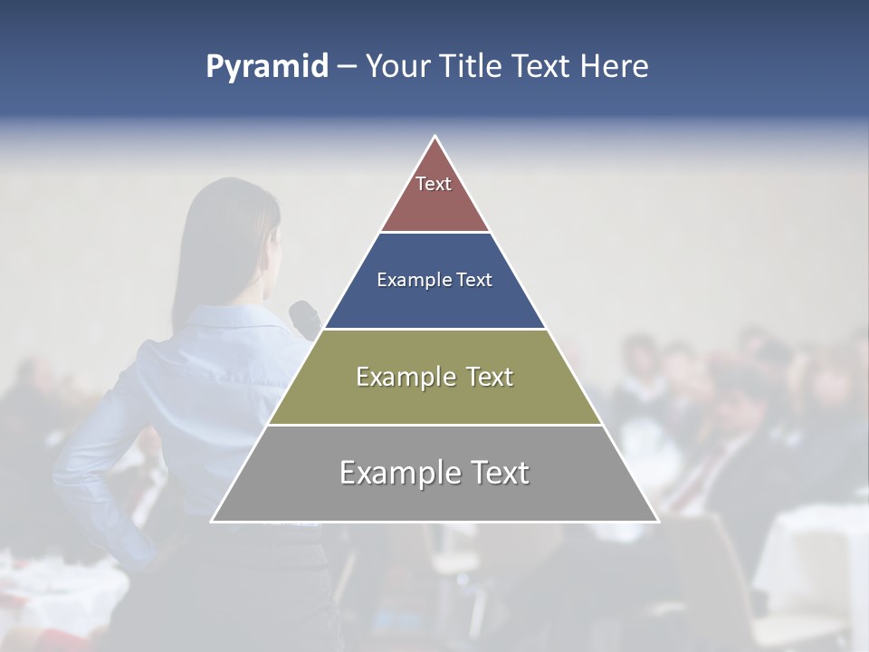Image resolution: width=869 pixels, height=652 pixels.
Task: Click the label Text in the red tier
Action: [434, 184]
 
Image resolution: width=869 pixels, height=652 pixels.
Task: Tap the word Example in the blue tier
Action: [406, 280]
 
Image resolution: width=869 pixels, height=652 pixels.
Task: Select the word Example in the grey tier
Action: [394, 473]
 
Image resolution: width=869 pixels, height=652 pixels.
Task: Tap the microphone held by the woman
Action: [304, 316]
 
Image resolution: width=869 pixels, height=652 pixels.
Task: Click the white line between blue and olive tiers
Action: [434, 329]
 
